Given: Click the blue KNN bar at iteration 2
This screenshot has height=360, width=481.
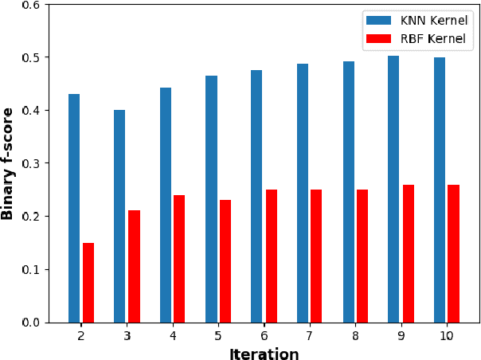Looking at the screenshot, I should [x=74, y=208].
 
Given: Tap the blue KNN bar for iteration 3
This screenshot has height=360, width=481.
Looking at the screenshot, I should [x=119, y=216].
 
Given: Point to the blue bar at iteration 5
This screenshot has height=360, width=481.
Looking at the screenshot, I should [x=211, y=199].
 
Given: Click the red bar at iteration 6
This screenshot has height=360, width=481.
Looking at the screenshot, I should [x=271, y=256].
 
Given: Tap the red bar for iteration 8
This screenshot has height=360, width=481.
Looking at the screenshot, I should [x=362, y=256].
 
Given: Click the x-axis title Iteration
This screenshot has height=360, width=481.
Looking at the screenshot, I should [x=264, y=354].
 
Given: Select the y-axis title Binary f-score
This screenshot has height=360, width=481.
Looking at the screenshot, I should [x=9, y=163].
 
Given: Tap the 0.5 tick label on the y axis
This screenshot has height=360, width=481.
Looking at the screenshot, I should [x=31, y=57].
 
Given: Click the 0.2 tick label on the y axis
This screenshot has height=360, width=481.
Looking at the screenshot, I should [x=31, y=217].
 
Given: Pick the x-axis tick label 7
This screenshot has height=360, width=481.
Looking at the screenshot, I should [x=310, y=337].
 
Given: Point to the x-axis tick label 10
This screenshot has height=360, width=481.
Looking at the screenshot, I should [x=447, y=337].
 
